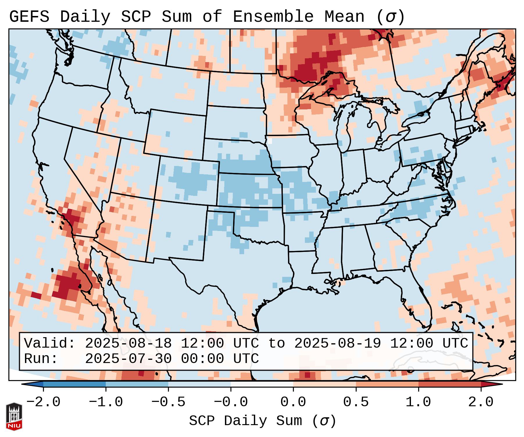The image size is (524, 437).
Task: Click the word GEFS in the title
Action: tap(29, 17)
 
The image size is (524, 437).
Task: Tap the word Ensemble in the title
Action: tap(273, 17)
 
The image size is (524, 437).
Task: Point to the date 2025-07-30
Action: tap(128, 359)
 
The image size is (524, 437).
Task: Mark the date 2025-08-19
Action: tap(338, 344)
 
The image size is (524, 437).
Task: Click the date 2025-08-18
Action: tap(128, 344)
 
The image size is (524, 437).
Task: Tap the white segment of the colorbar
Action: tap(262, 384)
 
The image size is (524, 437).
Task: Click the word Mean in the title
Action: tap(344, 17)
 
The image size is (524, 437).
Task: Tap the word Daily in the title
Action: tap(85, 17)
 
